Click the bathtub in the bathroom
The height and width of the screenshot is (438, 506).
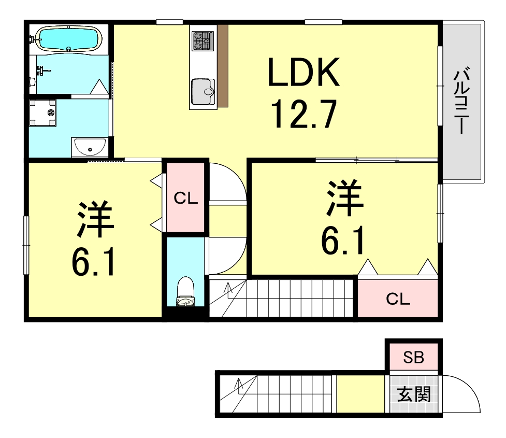coord(68,39)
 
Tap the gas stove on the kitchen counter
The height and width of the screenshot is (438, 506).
coord(203,41)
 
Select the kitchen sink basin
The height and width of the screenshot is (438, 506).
coord(203,92)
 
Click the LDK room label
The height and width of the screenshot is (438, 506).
coord(303,72)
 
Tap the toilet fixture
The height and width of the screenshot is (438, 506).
coord(185,291)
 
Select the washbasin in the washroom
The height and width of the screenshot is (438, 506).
coord(90,147)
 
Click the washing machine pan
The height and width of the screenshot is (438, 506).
coord(42,112)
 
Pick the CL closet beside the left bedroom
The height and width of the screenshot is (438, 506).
coord(185,197)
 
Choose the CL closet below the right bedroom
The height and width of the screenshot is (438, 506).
coord(398,299)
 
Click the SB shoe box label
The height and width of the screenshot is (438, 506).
coord(413,357)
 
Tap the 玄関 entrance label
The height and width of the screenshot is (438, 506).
coord(414,394)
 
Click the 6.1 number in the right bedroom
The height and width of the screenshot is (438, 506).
coord(343,241)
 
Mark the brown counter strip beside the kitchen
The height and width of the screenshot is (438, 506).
coord(223,66)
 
